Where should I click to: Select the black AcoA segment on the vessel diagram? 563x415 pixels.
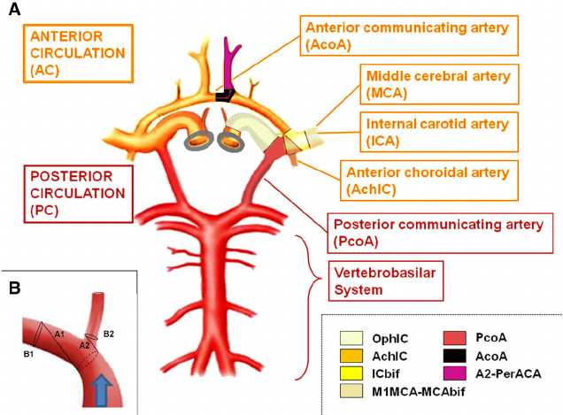click(x=225, y=94)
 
